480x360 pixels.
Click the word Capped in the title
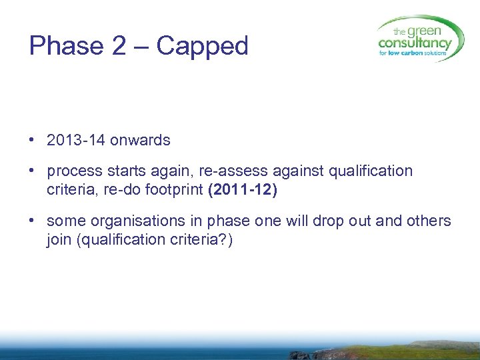tap(202, 46)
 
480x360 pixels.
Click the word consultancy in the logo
tap(415, 43)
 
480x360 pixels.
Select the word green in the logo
tap(424, 31)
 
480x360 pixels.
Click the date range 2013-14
tap(76, 141)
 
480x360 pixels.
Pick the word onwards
tap(140, 141)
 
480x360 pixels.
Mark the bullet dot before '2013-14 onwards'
tap(32, 141)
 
